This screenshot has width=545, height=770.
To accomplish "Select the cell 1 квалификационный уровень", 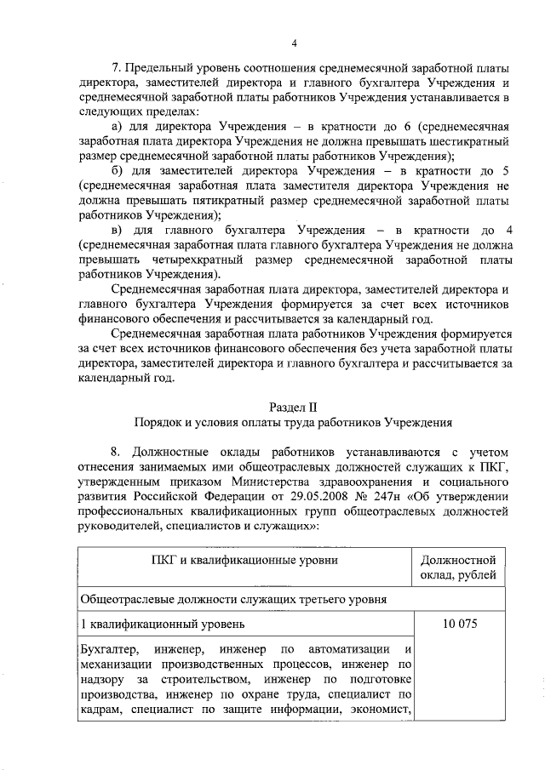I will (x=144, y=624).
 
